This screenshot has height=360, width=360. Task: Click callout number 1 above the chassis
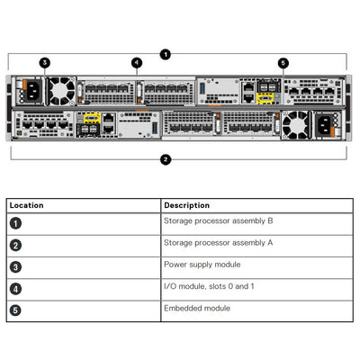[166, 54]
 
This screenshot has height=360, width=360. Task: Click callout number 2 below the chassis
[166, 160]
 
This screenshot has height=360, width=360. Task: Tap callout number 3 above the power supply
[45, 63]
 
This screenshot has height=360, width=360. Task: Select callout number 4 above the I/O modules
[137, 63]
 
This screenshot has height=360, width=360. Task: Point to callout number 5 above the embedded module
[283, 63]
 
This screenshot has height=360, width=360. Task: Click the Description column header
[187, 205]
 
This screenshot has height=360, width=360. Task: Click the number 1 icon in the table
[15, 222]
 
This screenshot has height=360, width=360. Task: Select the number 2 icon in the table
[15, 245]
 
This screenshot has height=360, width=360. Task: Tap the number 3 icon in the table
[15, 267]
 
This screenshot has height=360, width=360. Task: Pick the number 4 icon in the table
[15, 289]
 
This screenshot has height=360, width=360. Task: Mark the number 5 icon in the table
[15, 311]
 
